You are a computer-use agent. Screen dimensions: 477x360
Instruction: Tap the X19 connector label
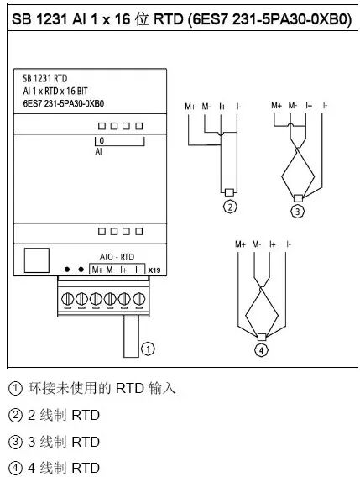154,270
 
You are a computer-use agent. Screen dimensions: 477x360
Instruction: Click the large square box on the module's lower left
37,261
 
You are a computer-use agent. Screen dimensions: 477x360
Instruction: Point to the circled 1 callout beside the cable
149,345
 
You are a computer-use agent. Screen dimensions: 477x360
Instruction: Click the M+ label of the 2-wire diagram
190,106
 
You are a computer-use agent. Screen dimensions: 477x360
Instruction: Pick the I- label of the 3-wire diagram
324,106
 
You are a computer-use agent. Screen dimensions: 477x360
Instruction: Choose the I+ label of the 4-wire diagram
273,244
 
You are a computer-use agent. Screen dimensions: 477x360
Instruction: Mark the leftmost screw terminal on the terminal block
65,297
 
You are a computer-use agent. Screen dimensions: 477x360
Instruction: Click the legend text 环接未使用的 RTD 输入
101,389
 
